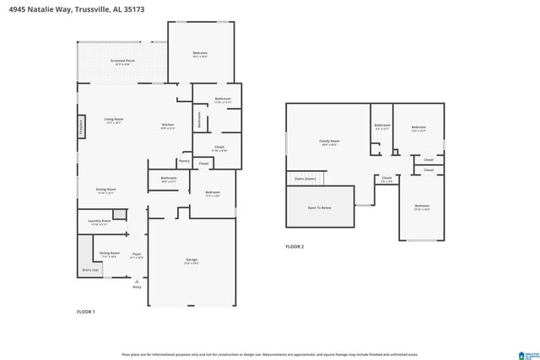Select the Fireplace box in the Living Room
82,126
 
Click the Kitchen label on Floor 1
168,126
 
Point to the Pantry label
184,161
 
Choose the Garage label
192,259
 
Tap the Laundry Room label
100,222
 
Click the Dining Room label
105,190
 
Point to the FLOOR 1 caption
86,312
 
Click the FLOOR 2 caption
294,246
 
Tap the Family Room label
329,142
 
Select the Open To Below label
319,207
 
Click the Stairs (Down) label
305,179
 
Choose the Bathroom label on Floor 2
382,126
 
